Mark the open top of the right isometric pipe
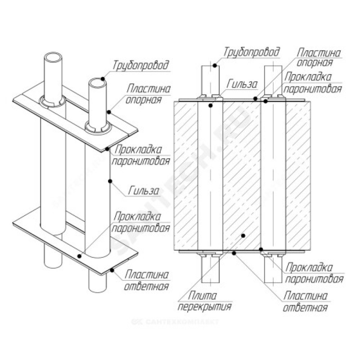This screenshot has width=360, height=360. pos(97,84)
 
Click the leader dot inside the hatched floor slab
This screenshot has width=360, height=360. pos(243,235)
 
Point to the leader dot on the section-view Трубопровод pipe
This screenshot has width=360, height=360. pos(216,66)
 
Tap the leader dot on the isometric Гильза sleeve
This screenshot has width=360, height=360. pos(110,181)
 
